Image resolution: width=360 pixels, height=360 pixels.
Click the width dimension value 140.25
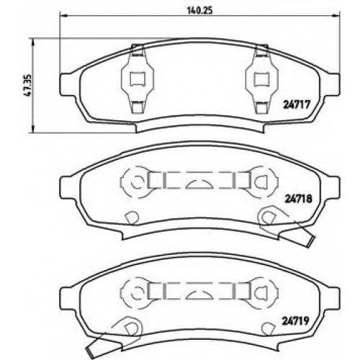pos(199,11)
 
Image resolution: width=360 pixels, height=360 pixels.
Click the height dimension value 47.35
pos(27,85)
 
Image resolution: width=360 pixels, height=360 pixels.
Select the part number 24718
pos(298,199)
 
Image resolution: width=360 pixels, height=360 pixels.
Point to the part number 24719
pos(295,320)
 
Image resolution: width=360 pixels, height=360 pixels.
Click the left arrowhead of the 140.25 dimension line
pos(63,16)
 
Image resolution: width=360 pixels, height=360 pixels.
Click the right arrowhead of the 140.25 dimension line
pos(336,16)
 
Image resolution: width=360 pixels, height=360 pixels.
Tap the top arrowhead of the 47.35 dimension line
pos(33,42)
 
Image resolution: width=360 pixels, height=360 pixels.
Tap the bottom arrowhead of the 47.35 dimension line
pos(33,129)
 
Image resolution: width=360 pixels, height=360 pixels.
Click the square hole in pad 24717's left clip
pos(138,78)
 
